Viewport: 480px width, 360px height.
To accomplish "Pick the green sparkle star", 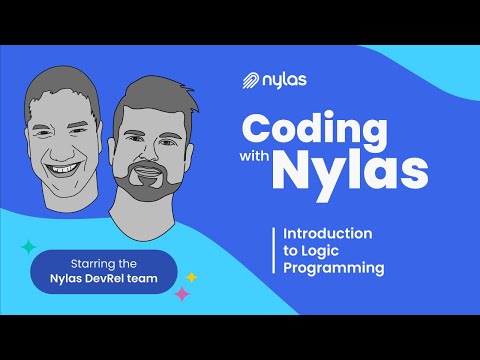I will pyautogui.click(x=29, y=246).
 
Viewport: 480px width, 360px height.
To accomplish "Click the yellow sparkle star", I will pyautogui.click(x=192, y=277).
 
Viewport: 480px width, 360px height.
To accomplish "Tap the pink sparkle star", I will pyautogui.click(x=182, y=294).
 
